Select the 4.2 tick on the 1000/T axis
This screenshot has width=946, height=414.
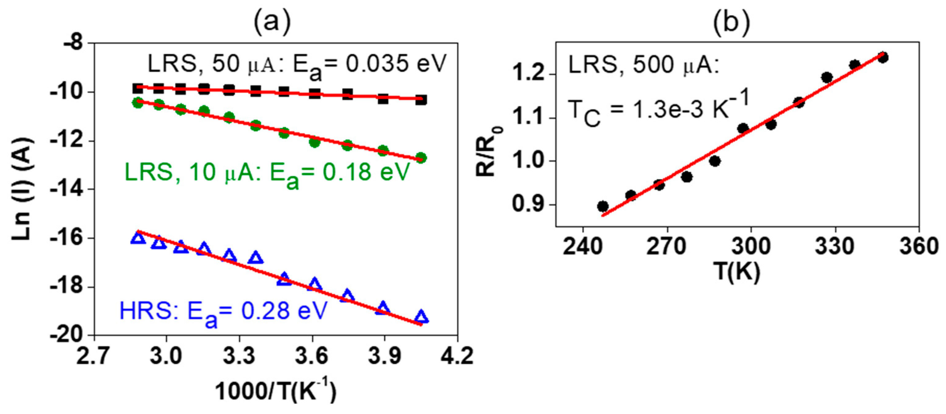(x=457, y=356)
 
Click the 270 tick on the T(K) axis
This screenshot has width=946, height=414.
(x=667, y=247)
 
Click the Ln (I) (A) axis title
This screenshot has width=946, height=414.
(x=23, y=189)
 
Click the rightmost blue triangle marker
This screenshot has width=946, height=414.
(x=421, y=317)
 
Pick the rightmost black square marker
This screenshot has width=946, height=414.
(x=421, y=99)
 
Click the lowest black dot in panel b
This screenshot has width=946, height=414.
(x=603, y=206)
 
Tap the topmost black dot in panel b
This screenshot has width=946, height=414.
(x=882, y=57)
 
